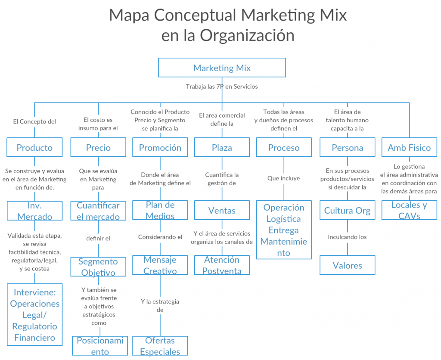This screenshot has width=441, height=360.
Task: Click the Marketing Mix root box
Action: pyautogui.click(x=222, y=68)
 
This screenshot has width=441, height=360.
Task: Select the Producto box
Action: pyautogui.click(x=34, y=147)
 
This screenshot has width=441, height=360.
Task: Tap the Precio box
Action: pyautogui.click(x=98, y=147)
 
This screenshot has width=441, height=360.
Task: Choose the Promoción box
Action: pyautogui.click(x=160, y=147)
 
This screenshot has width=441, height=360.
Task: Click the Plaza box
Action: pyautogui.click(x=222, y=147)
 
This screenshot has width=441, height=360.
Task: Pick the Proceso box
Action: pyautogui.click(x=284, y=147)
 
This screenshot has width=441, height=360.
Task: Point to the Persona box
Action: pyautogui.click(x=348, y=147)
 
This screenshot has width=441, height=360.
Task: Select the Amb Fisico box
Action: pyautogui.click(x=409, y=147)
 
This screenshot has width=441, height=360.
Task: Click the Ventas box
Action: pyautogui.click(x=222, y=210)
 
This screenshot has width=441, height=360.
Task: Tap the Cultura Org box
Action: pyautogui.click(x=348, y=210)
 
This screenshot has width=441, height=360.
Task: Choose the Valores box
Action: pyautogui.click(x=348, y=265)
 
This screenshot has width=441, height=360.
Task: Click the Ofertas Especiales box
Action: pyautogui.click(x=160, y=346)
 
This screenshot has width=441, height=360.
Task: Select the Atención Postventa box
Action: pyautogui.click(x=222, y=265)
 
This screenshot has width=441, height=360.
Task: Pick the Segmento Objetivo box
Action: pyautogui.click(x=98, y=267)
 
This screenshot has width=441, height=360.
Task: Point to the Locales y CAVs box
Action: pyautogui.click(x=409, y=210)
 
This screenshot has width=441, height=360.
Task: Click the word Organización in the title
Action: pyautogui.click(x=247, y=35)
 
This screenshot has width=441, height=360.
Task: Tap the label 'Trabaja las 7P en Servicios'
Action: pyautogui.click(x=222, y=87)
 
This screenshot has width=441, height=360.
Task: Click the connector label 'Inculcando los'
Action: pyautogui.click(x=348, y=237)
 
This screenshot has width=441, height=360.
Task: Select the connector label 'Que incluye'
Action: pyautogui.click(x=284, y=178)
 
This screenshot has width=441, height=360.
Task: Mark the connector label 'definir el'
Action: pyautogui.click(x=98, y=239)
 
